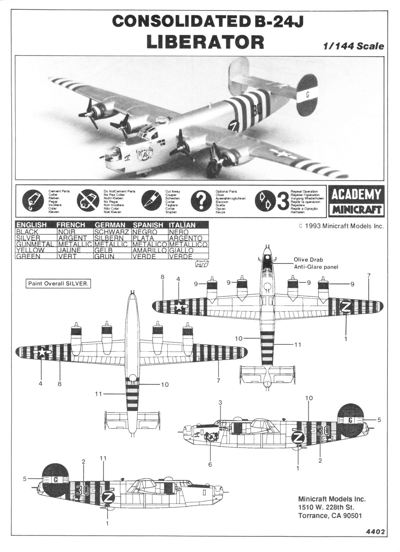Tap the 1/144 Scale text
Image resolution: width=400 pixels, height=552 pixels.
354,46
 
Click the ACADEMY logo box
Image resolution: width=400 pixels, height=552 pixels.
356,195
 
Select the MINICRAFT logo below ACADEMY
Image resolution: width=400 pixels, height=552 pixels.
356,210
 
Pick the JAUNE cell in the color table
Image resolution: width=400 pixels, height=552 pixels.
69,250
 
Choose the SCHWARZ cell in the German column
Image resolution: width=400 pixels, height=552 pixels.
112,232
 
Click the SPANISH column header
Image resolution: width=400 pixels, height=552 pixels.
148,225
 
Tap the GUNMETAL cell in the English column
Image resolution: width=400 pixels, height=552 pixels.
35,244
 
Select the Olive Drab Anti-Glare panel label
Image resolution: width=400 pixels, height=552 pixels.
315,263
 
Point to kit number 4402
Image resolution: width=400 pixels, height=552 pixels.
375,532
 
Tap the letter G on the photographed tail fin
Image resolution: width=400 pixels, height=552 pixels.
307,95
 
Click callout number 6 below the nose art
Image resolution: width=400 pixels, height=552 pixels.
210,464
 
